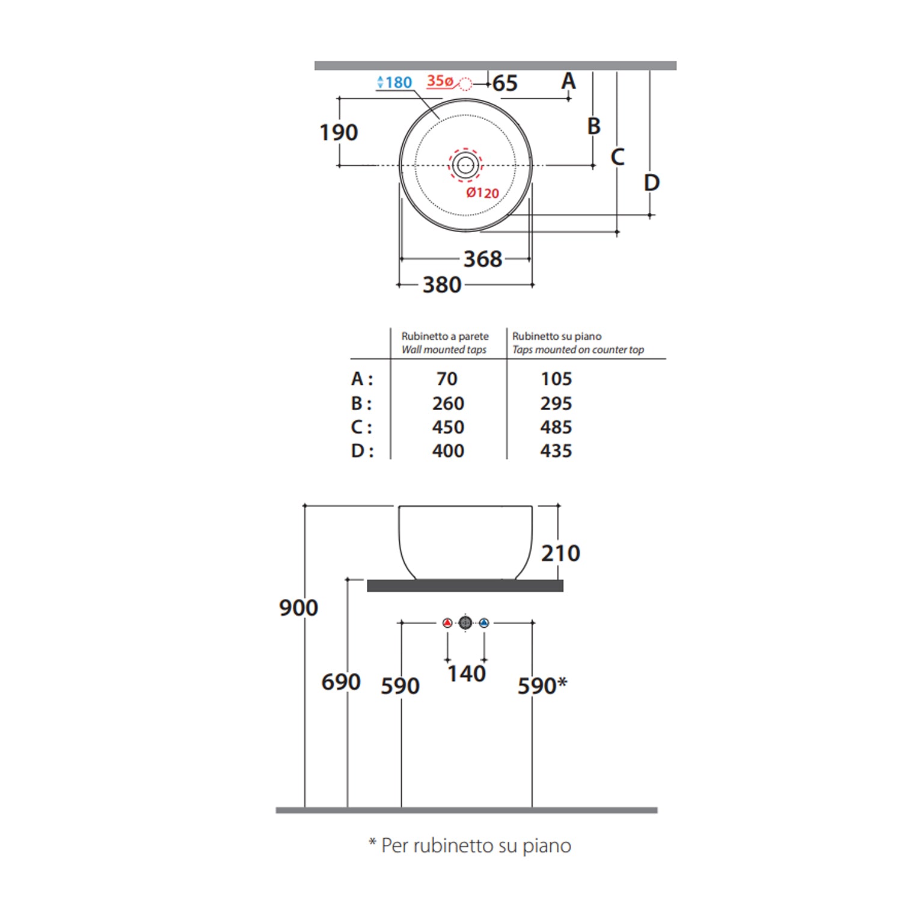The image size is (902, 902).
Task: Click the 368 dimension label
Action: pos(482,259)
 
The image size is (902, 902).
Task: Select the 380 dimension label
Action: pos(442,284)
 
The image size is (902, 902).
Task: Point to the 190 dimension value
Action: pos(339,132)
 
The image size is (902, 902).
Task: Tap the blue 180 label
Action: pos(395,82)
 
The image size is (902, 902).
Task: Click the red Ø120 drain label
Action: pos(483,192)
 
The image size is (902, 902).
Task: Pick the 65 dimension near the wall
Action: pos(505,83)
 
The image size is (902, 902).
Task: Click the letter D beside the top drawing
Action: pos(652,183)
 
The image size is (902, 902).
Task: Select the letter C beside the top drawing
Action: pos(618,157)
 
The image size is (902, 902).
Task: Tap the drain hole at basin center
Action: pos(465,164)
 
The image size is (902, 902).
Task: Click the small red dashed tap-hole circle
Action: pos(465,84)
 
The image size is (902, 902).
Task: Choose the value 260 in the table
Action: pos(448,403)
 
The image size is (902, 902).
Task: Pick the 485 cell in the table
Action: pos(556,427)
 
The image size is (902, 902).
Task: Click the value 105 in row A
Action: pos(556,379)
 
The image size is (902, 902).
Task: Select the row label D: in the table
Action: pos(362,450)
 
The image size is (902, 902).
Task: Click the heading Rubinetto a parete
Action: pos(445,336)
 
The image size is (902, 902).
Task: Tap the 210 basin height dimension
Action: pos(560,553)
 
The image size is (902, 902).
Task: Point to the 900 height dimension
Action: pos(298,607)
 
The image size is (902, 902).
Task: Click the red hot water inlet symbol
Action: pos(447,623)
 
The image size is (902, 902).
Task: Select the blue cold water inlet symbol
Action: pos(484,623)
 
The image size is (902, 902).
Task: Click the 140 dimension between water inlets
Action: pos(466,673)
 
